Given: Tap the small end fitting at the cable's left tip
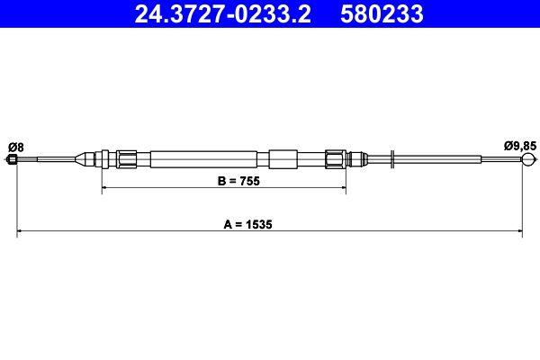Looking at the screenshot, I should coord(13,160).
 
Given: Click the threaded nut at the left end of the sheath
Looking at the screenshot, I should coord(127,159).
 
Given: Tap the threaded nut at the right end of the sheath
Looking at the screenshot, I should coord(336,159).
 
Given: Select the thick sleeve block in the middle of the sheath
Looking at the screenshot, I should coord(282,159).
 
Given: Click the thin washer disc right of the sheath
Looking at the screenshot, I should coord(392,159).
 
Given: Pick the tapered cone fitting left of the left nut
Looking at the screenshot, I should coord(87,159).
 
